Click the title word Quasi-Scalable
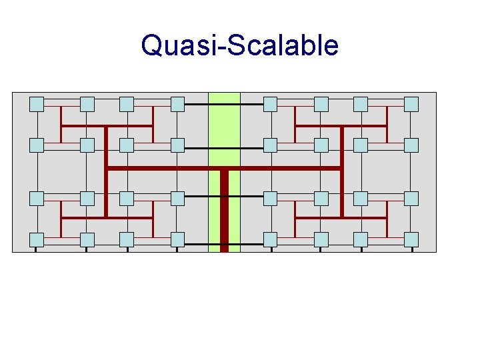239,46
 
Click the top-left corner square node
37,104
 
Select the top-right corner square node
411,104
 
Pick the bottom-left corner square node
37,239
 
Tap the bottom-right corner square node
411,239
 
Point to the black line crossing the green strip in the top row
224,105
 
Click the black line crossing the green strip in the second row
224,147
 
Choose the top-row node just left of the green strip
177,104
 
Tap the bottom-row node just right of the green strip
270,239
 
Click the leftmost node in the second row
37,145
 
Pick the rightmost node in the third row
411,198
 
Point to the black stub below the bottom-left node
36,249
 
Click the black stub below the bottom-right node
412,249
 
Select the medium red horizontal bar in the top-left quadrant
107,125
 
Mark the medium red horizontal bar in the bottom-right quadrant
341,218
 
